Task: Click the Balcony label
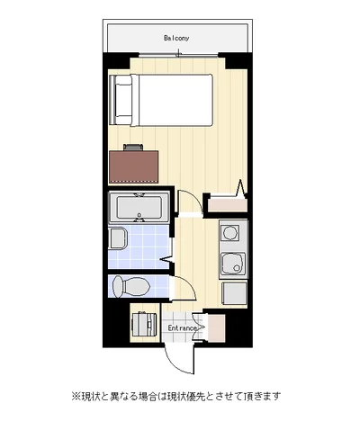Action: click(176, 38)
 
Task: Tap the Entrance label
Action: click(182, 328)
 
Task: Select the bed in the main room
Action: click(161, 100)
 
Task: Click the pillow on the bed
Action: click(123, 100)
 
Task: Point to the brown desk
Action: click(133, 166)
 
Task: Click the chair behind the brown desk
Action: click(133, 148)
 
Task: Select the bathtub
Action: click(139, 207)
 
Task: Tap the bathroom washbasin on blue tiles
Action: click(118, 238)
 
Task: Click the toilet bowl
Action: click(131, 286)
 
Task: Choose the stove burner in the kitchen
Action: click(230, 232)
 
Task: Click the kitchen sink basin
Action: click(233, 264)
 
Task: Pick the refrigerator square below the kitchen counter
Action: click(234, 293)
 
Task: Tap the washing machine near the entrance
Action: click(144, 324)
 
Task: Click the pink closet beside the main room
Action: click(228, 205)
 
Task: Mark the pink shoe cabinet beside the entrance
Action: click(216, 328)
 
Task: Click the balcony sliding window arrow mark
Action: click(179, 54)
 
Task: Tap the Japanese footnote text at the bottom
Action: click(176, 396)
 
